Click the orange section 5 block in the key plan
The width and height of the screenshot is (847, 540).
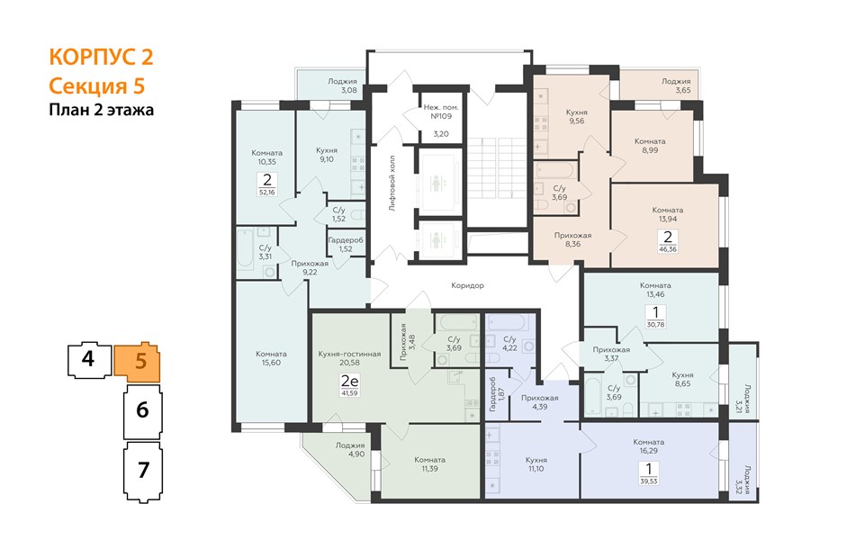(x=138, y=361)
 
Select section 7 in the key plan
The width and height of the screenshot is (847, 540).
(x=142, y=472)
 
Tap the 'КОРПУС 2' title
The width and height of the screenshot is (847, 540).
(x=101, y=57)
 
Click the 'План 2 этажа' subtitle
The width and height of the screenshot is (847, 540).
(x=101, y=110)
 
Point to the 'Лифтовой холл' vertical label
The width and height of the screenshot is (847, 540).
(x=392, y=183)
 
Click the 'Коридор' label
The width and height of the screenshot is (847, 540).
(x=467, y=285)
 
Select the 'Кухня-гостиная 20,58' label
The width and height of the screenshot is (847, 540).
(x=349, y=358)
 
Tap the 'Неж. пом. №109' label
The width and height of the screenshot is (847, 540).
(x=441, y=112)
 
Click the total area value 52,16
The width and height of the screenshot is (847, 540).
(x=266, y=192)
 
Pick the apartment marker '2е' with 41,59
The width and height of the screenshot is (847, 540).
(x=349, y=385)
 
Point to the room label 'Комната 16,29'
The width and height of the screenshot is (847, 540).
(x=649, y=446)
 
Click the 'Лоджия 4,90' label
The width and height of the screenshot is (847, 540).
(x=349, y=450)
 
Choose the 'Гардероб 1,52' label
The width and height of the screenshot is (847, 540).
(x=346, y=244)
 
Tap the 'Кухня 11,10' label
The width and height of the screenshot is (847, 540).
(x=536, y=464)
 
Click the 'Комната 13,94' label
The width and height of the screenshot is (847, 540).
(x=668, y=214)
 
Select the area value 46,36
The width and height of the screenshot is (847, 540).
(x=668, y=249)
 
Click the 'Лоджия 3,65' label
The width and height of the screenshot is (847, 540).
(x=676, y=85)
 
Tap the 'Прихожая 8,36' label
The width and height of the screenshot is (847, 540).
(x=572, y=239)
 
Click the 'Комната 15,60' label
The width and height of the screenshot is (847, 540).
(x=271, y=358)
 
